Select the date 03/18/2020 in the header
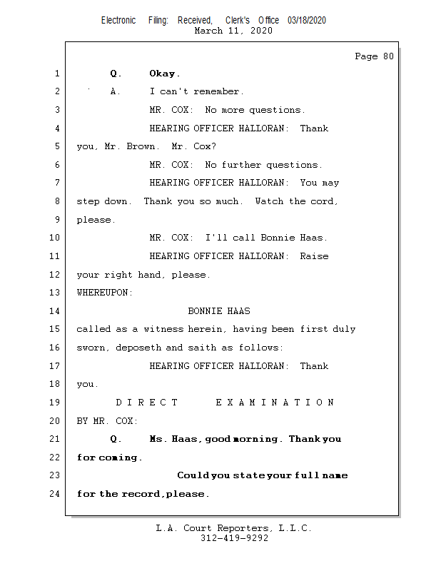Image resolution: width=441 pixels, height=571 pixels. click(307, 21)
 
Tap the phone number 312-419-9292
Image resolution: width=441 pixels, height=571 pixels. click(234, 539)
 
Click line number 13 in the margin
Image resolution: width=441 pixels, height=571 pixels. click(56, 293)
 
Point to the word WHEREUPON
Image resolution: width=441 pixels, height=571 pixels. click(105, 293)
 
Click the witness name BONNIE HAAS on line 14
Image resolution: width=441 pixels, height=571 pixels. click(219, 311)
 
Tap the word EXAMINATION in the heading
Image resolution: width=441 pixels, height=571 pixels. click(275, 403)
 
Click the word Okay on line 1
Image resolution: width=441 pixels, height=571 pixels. click(164, 74)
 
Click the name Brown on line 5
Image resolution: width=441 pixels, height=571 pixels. click(144, 146)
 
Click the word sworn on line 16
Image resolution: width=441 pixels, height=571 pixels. click(91, 348)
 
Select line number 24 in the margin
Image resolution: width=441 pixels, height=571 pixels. click(56, 494)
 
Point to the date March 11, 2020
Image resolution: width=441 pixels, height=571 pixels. click(233, 31)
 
